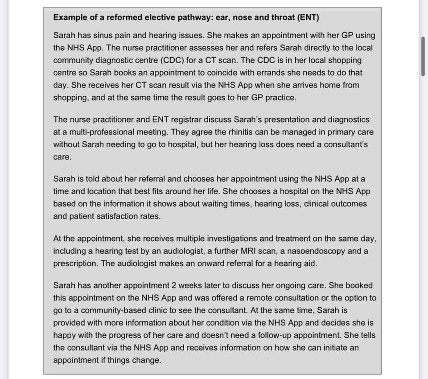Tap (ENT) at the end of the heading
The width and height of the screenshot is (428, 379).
pos(308,17)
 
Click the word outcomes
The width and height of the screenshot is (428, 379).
pos(347,204)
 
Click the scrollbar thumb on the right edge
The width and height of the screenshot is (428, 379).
pos(423,57)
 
